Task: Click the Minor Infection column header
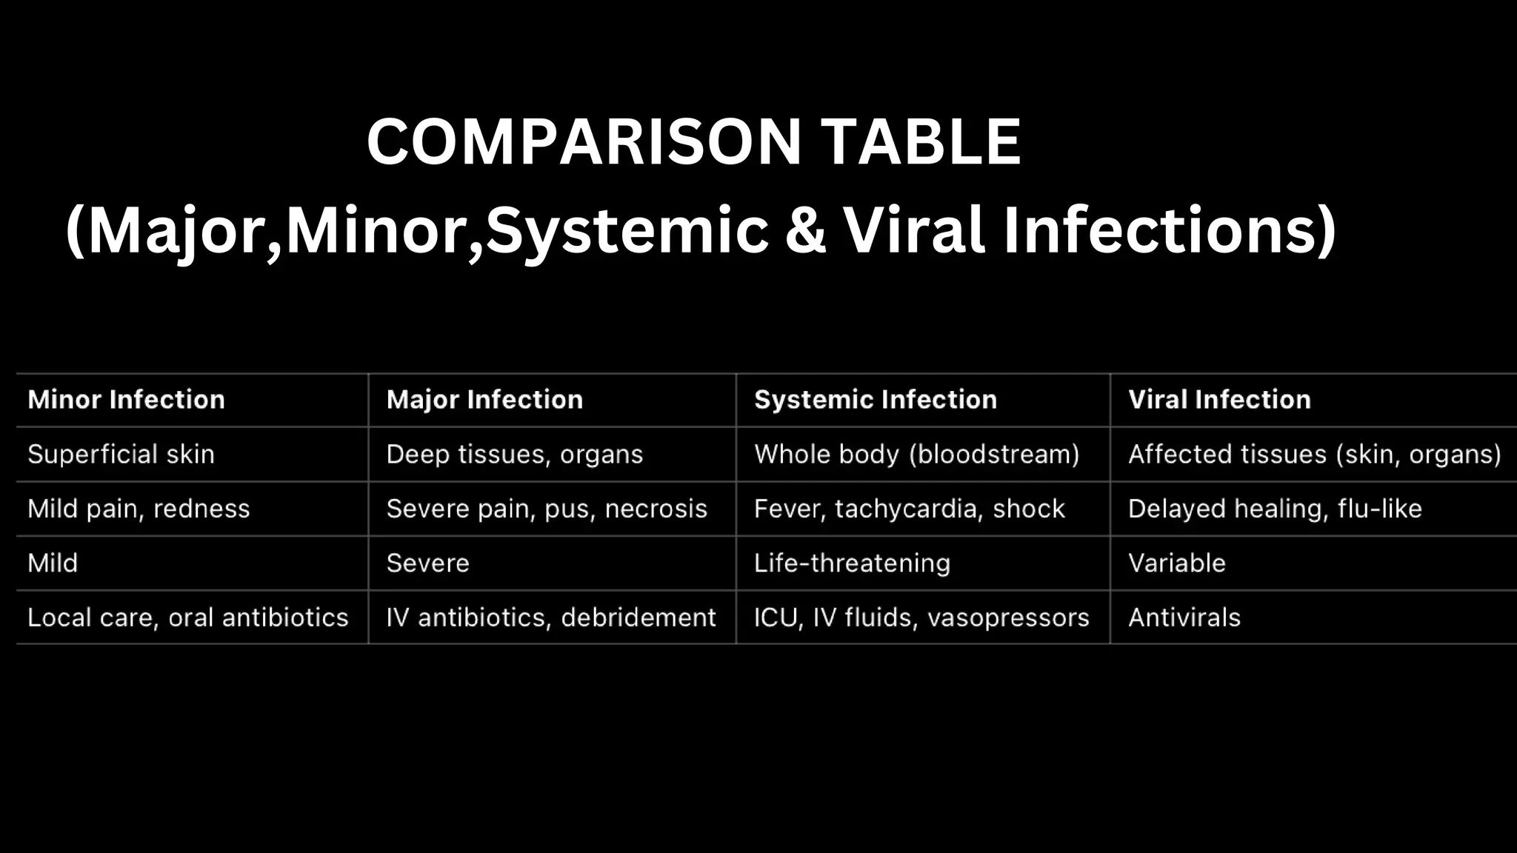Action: coord(126,400)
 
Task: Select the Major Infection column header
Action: coord(484,400)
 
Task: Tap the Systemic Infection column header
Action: coord(875,400)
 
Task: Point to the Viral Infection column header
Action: coord(1219,400)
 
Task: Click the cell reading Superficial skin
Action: coord(121,454)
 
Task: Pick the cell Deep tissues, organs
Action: coord(515,454)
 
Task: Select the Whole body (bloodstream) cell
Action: coord(916,454)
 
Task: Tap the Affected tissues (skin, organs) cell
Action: coord(1314,454)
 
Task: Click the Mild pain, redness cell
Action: coord(139,509)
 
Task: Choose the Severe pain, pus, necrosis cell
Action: coord(547,509)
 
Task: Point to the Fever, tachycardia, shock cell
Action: coord(909,509)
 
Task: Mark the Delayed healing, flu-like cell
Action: coord(1275,509)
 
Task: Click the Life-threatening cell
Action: coord(852,563)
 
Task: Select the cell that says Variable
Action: coord(1176,563)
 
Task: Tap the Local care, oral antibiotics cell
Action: coord(187,618)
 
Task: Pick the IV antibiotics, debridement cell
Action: coord(551,618)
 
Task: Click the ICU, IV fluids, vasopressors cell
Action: coord(921,618)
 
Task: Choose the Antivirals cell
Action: coord(1184,618)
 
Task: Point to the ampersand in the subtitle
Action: coord(806,230)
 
